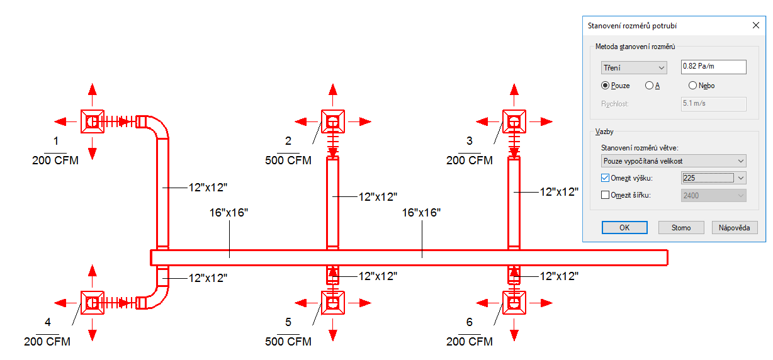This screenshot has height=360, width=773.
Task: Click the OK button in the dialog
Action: [624, 228]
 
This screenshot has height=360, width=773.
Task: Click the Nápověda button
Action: [735, 228]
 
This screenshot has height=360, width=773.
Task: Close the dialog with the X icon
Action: [756, 25]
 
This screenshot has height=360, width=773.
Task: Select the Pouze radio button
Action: [605, 86]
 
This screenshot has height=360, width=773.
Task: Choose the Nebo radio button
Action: [692, 86]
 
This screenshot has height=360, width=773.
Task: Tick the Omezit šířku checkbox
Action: [605, 195]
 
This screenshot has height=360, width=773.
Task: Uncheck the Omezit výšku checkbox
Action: [605, 177]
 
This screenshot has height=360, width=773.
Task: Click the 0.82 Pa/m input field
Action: [713, 67]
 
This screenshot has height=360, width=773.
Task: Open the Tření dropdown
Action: [634, 67]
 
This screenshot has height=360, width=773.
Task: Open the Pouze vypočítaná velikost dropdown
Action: [674, 161]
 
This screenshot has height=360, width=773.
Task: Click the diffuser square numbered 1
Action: [92, 121]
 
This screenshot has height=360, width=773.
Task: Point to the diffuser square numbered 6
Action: [514, 303]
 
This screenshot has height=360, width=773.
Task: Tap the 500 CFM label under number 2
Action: [288, 160]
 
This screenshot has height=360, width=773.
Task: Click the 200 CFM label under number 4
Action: [47, 342]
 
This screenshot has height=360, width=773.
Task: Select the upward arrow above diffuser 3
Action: [514, 94]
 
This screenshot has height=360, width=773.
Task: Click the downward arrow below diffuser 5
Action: [332, 330]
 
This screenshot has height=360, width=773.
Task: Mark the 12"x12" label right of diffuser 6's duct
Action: [559, 276]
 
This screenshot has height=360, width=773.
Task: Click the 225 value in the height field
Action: [689, 177]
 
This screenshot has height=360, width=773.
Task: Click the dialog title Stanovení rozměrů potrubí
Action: [632, 26]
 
